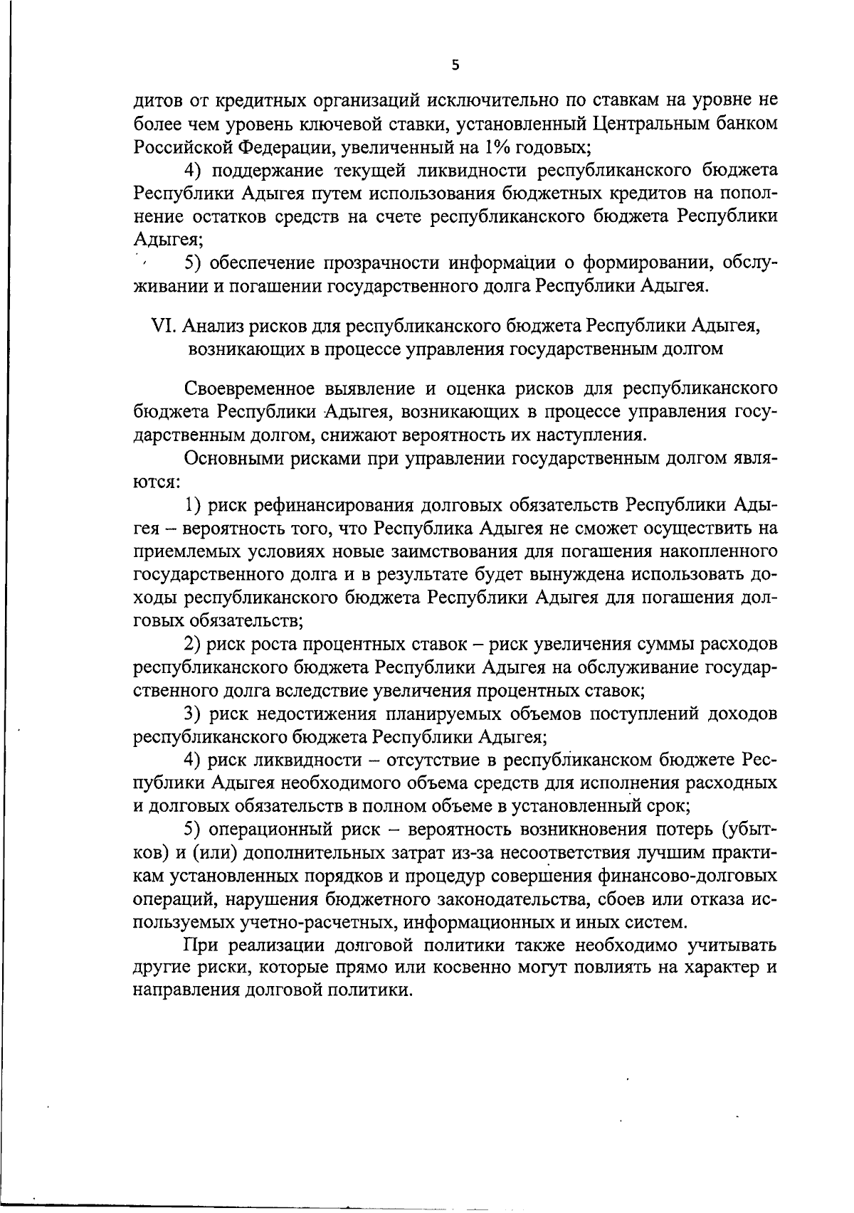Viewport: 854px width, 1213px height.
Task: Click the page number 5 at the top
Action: tap(455, 65)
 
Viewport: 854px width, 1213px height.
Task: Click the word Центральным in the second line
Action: tap(655, 125)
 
